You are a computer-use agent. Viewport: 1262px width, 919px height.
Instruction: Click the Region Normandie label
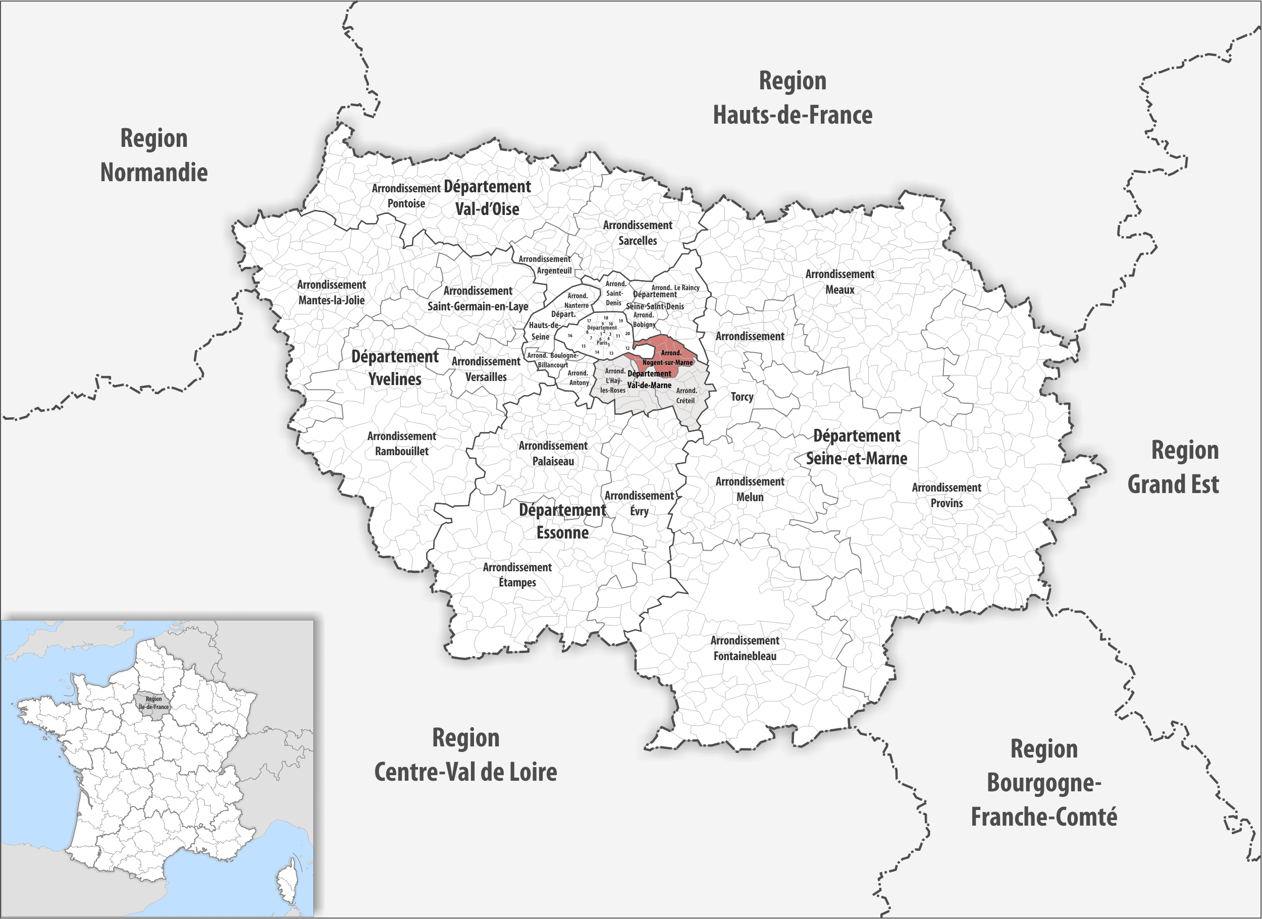click(x=153, y=155)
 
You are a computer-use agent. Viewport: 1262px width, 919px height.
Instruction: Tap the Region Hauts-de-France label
click(x=793, y=98)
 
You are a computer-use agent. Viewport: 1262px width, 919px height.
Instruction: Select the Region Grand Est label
click(x=1173, y=467)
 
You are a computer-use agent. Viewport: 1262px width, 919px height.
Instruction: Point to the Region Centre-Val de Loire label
click(x=465, y=755)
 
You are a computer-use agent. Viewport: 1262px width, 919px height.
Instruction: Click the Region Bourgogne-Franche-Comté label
click(x=1044, y=783)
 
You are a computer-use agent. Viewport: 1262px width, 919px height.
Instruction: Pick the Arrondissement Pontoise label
click(x=406, y=196)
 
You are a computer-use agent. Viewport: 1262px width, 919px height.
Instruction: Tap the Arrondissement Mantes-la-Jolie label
click(x=331, y=293)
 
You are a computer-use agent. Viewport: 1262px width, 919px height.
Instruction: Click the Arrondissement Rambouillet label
click(x=401, y=444)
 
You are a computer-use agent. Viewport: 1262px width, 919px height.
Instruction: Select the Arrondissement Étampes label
click(x=517, y=575)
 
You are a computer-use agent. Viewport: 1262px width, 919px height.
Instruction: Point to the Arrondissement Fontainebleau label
click(x=745, y=648)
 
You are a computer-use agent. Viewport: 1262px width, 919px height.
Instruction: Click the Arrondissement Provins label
click(x=946, y=495)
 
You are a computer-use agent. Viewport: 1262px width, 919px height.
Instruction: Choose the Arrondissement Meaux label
click(x=839, y=282)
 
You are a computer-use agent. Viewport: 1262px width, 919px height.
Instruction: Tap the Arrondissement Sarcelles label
click(x=638, y=233)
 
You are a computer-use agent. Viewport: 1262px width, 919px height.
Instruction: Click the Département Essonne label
click(x=562, y=521)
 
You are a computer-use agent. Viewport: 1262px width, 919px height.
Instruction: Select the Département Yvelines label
click(x=395, y=368)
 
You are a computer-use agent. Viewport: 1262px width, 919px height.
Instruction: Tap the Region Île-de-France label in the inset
click(x=153, y=703)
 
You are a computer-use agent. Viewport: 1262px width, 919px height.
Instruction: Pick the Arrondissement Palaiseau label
click(x=553, y=453)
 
